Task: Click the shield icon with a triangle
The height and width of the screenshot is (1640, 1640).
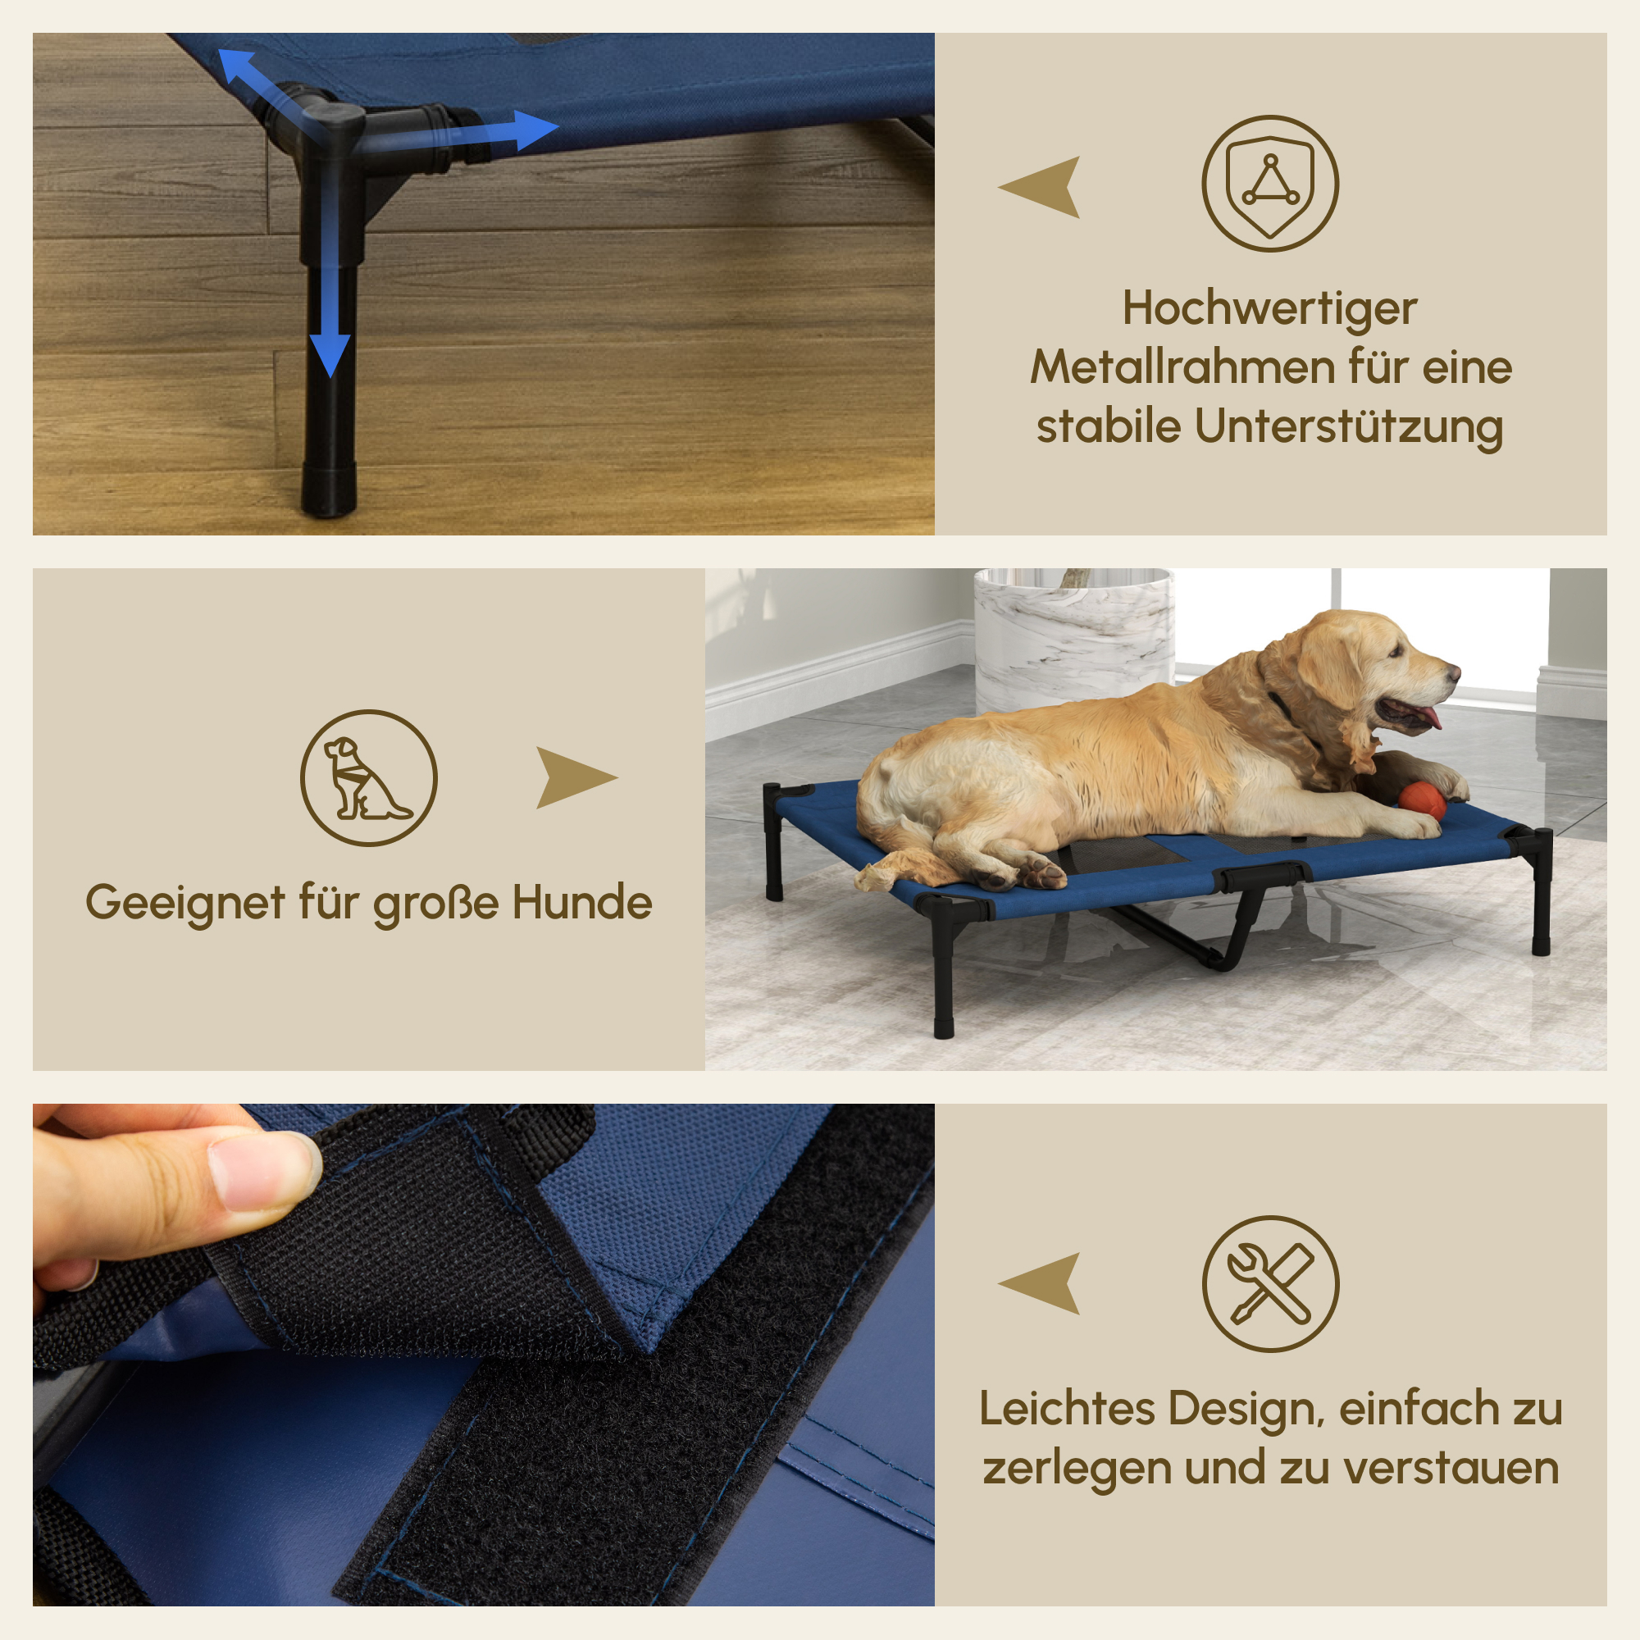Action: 1270,184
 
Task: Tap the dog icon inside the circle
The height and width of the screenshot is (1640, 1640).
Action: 368,778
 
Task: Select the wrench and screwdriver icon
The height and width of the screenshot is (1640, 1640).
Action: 1270,1284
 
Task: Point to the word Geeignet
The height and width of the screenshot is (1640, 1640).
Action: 185,903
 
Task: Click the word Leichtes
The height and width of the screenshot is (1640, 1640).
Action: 1067,1409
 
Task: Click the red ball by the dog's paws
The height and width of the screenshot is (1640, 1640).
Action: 1421,800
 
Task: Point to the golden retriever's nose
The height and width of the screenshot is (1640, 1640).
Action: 1455,672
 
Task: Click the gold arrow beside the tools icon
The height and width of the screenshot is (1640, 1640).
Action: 1042,1283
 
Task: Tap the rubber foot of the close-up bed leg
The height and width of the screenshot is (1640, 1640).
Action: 329,490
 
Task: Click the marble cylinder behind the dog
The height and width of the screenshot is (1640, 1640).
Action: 1075,636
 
